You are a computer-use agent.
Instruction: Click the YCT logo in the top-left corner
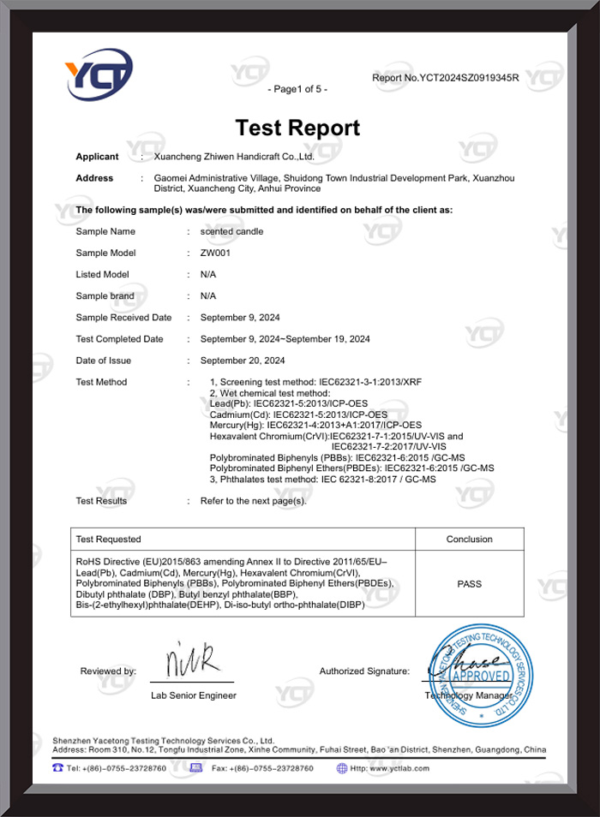pyautogui.click(x=99, y=79)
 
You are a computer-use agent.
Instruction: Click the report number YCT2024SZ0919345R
pyautogui.click(x=446, y=78)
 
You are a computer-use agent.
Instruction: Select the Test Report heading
pyautogui.click(x=298, y=128)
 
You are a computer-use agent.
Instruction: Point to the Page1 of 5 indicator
pyautogui.click(x=297, y=89)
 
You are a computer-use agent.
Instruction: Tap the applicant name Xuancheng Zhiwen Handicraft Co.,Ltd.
pyautogui.click(x=233, y=157)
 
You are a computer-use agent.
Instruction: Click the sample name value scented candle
pyautogui.click(x=231, y=231)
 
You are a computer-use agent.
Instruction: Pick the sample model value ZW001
pyautogui.click(x=214, y=253)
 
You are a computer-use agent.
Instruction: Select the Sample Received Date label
pyautogui.click(x=123, y=318)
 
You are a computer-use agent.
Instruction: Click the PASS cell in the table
pyautogui.click(x=470, y=584)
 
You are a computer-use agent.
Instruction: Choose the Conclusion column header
pyautogui.click(x=470, y=540)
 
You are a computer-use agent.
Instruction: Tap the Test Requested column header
pyautogui.click(x=109, y=540)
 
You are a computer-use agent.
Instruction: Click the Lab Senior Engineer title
pyautogui.click(x=194, y=695)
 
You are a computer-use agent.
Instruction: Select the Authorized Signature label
pyautogui.click(x=364, y=671)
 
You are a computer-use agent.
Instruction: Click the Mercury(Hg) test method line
pyautogui.click(x=315, y=425)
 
